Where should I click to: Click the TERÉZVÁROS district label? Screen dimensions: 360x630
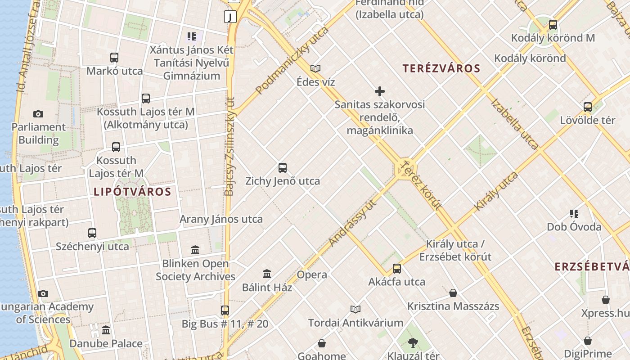click(x=441, y=68)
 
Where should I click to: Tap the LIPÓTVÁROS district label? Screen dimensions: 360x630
click(x=132, y=192)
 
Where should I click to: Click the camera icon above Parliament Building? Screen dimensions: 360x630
click(x=38, y=114)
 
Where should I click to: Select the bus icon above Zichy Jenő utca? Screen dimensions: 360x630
click(x=283, y=168)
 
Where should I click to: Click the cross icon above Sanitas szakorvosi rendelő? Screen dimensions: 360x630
click(x=380, y=92)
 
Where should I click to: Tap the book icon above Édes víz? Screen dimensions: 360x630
click(x=315, y=69)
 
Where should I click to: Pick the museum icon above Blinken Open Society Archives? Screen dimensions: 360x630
click(x=195, y=250)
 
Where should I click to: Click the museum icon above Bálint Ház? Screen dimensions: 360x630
click(x=267, y=274)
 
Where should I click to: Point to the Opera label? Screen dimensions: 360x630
click(x=312, y=274)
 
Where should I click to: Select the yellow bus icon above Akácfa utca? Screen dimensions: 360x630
click(x=396, y=269)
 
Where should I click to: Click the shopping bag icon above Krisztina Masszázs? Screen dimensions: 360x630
click(x=453, y=293)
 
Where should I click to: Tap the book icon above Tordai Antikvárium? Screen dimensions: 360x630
click(x=355, y=309)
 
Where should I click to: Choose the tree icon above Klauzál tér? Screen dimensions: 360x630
click(x=413, y=343)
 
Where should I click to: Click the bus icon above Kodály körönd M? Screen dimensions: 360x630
click(x=553, y=25)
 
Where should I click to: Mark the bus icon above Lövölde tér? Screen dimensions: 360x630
click(x=588, y=107)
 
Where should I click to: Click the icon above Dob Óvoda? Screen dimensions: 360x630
click(x=574, y=213)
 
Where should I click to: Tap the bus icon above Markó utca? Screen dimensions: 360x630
click(x=114, y=58)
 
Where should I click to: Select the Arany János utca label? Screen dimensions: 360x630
click(x=221, y=219)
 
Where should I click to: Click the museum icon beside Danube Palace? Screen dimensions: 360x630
click(x=106, y=330)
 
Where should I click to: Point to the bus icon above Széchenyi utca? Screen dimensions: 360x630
click(x=92, y=233)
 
